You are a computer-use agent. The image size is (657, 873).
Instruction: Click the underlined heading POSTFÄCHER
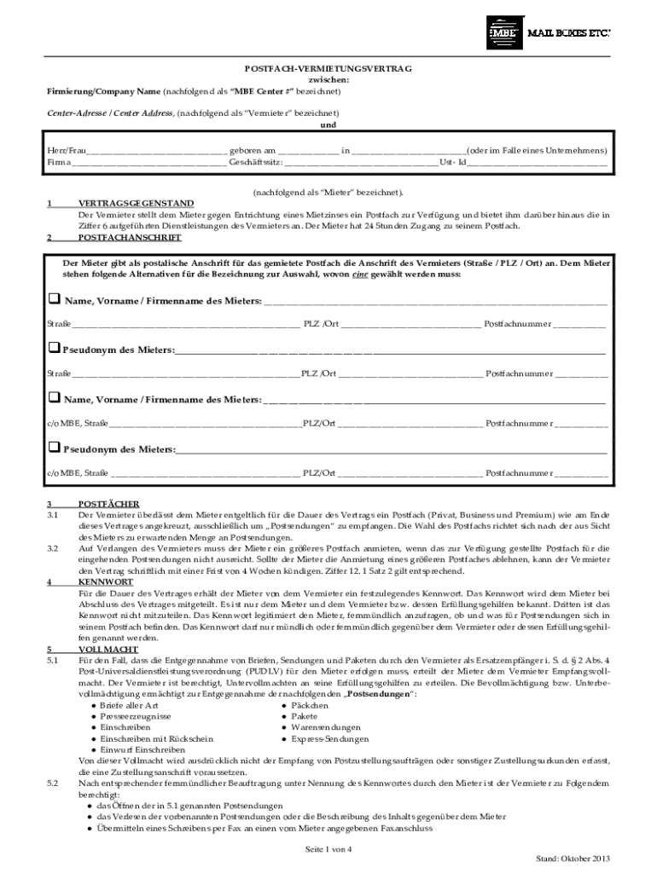(108, 505)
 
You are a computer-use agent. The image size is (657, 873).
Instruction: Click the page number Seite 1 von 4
(328, 849)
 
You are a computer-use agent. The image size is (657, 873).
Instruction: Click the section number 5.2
(52, 783)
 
